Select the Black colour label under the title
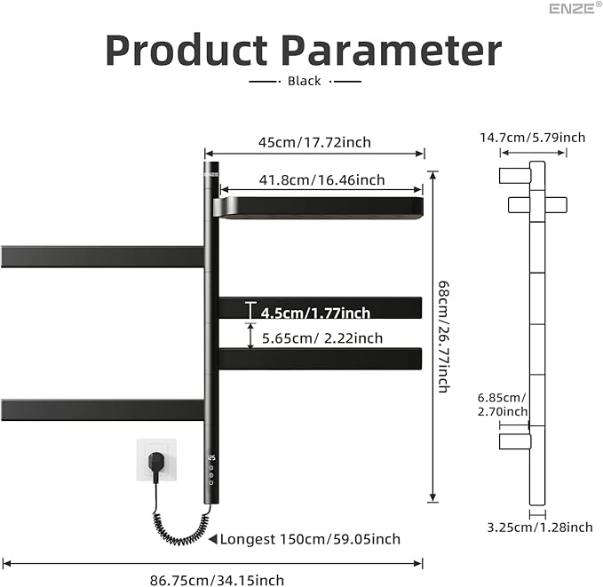pyautogui.click(x=305, y=81)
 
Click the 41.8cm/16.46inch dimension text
pyautogui.click(x=321, y=180)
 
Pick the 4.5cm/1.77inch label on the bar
pyautogui.click(x=315, y=313)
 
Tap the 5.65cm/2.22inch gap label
pyautogui.click(x=321, y=338)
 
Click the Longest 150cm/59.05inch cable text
pyautogui.click(x=309, y=539)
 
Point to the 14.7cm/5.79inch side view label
pyautogui.click(x=533, y=138)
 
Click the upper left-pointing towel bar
pyautogui.click(x=102, y=257)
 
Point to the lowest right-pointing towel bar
pyautogui.click(x=320, y=359)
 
